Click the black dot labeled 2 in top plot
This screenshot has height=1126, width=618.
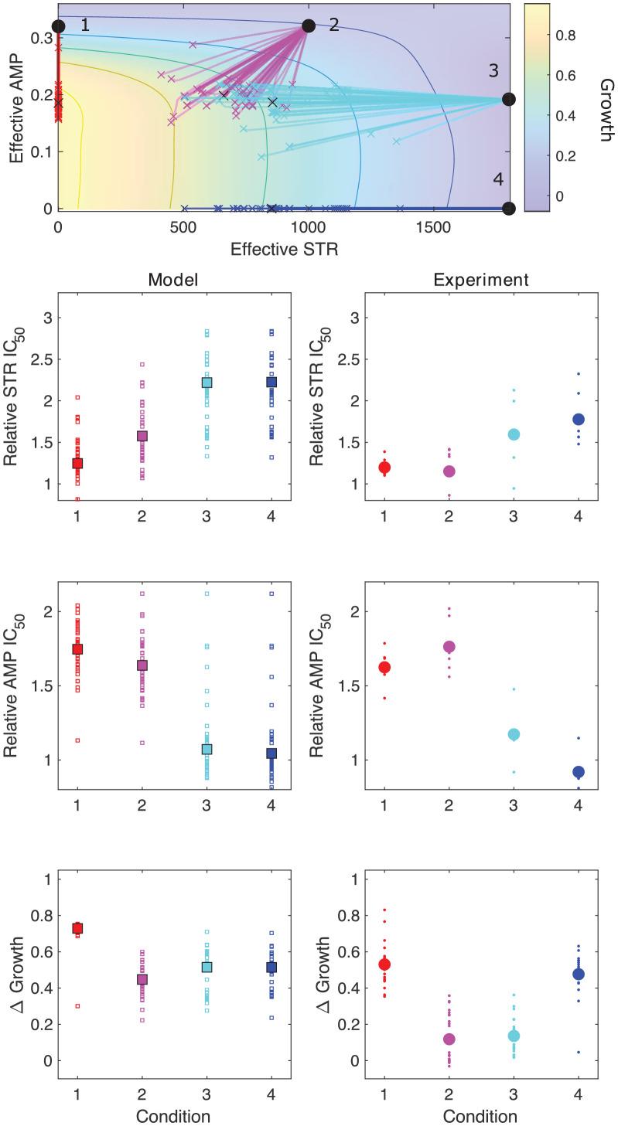pyautogui.click(x=309, y=26)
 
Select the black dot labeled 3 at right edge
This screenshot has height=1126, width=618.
pyautogui.click(x=508, y=99)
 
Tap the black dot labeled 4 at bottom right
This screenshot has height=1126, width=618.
pyautogui.click(x=508, y=208)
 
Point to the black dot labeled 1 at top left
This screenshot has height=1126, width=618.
pyautogui.click(x=58, y=26)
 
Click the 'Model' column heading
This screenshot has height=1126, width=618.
pyautogui.click(x=174, y=281)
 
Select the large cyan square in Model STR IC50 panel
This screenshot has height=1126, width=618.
pyautogui.click(x=207, y=383)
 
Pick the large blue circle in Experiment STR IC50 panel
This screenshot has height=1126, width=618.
pyautogui.click(x=578, y=420)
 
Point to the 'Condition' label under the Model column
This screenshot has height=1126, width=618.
pyautogui.click(x=174, y=1116)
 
